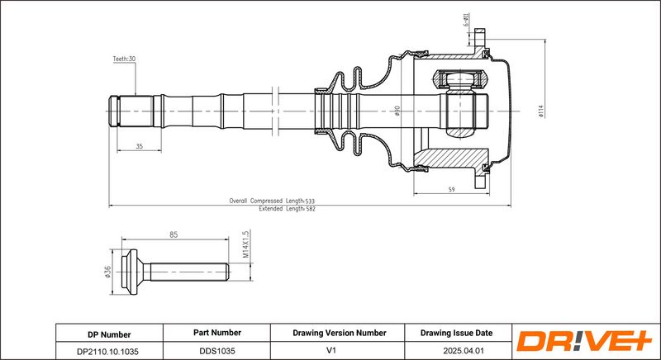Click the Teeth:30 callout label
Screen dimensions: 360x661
(124, 59)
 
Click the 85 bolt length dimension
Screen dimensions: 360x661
(174, 235)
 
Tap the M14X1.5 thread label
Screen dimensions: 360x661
(246, 244)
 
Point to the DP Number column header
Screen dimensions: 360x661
(108, 334)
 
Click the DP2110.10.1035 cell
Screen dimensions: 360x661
(108, 350)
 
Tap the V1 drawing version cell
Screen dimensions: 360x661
(339, 350)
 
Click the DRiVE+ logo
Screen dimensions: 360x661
(583, 342)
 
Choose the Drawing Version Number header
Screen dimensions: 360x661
(339, 334)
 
